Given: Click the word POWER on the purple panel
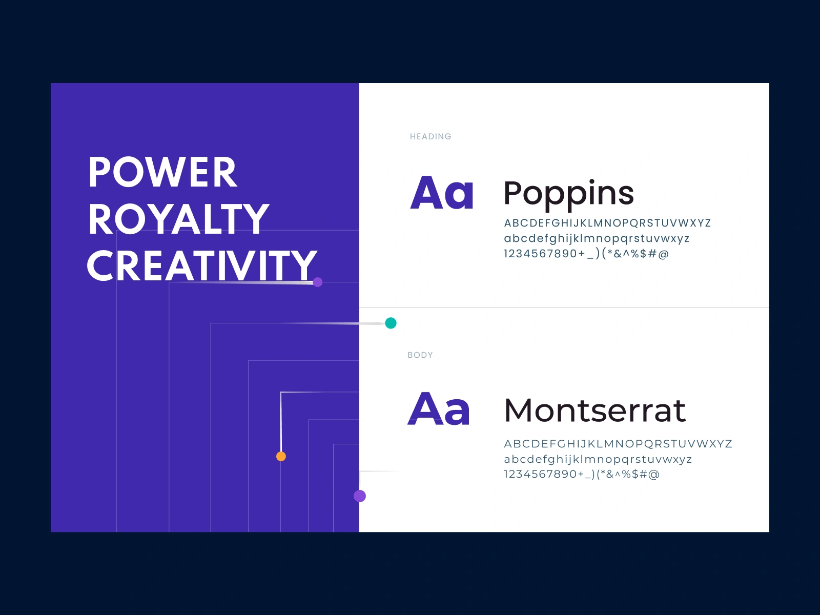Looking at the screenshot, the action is point(162,172).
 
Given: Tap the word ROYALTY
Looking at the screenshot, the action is point(178,219).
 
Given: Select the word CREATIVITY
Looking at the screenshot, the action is point(202,265).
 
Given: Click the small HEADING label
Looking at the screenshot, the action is point(430,137).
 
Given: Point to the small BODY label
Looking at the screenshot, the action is point(420,355).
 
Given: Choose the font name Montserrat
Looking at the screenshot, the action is point(594,411).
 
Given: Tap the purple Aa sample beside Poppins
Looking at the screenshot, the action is point(442,192).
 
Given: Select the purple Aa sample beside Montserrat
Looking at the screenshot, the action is point(438,408).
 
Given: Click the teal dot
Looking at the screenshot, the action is point(391,323).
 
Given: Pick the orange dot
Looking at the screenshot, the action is point(281,456).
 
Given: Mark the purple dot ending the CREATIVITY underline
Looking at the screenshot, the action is point(318,282).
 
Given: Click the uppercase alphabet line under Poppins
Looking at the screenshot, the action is point(607,223).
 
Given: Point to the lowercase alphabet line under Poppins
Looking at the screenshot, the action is point(597,239).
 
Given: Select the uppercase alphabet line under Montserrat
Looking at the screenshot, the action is point(618,444).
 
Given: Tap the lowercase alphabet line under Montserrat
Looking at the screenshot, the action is point(598,459).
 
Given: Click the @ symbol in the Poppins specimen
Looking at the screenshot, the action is point(664,254).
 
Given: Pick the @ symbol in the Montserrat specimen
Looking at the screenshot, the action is point(654,475).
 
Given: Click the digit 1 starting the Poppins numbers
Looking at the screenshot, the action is point(506,254).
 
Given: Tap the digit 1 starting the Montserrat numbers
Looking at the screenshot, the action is point(506,474).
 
